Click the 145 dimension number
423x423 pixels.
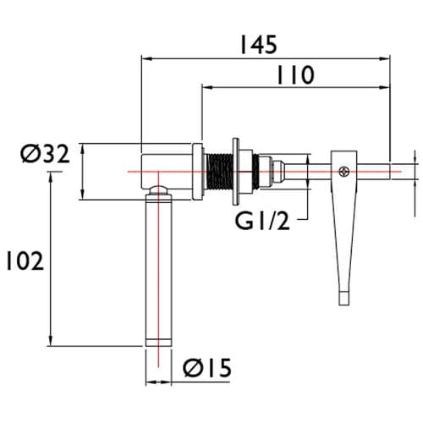click(257, 44)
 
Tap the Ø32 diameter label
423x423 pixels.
click(41, 154)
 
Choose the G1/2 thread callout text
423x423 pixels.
click(261, 221)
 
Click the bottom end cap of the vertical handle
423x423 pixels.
click(158, 340)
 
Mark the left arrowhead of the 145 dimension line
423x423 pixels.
click(145, 58)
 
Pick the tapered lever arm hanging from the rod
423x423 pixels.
click(342, 228)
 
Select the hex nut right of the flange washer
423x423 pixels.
click(261, 172)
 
